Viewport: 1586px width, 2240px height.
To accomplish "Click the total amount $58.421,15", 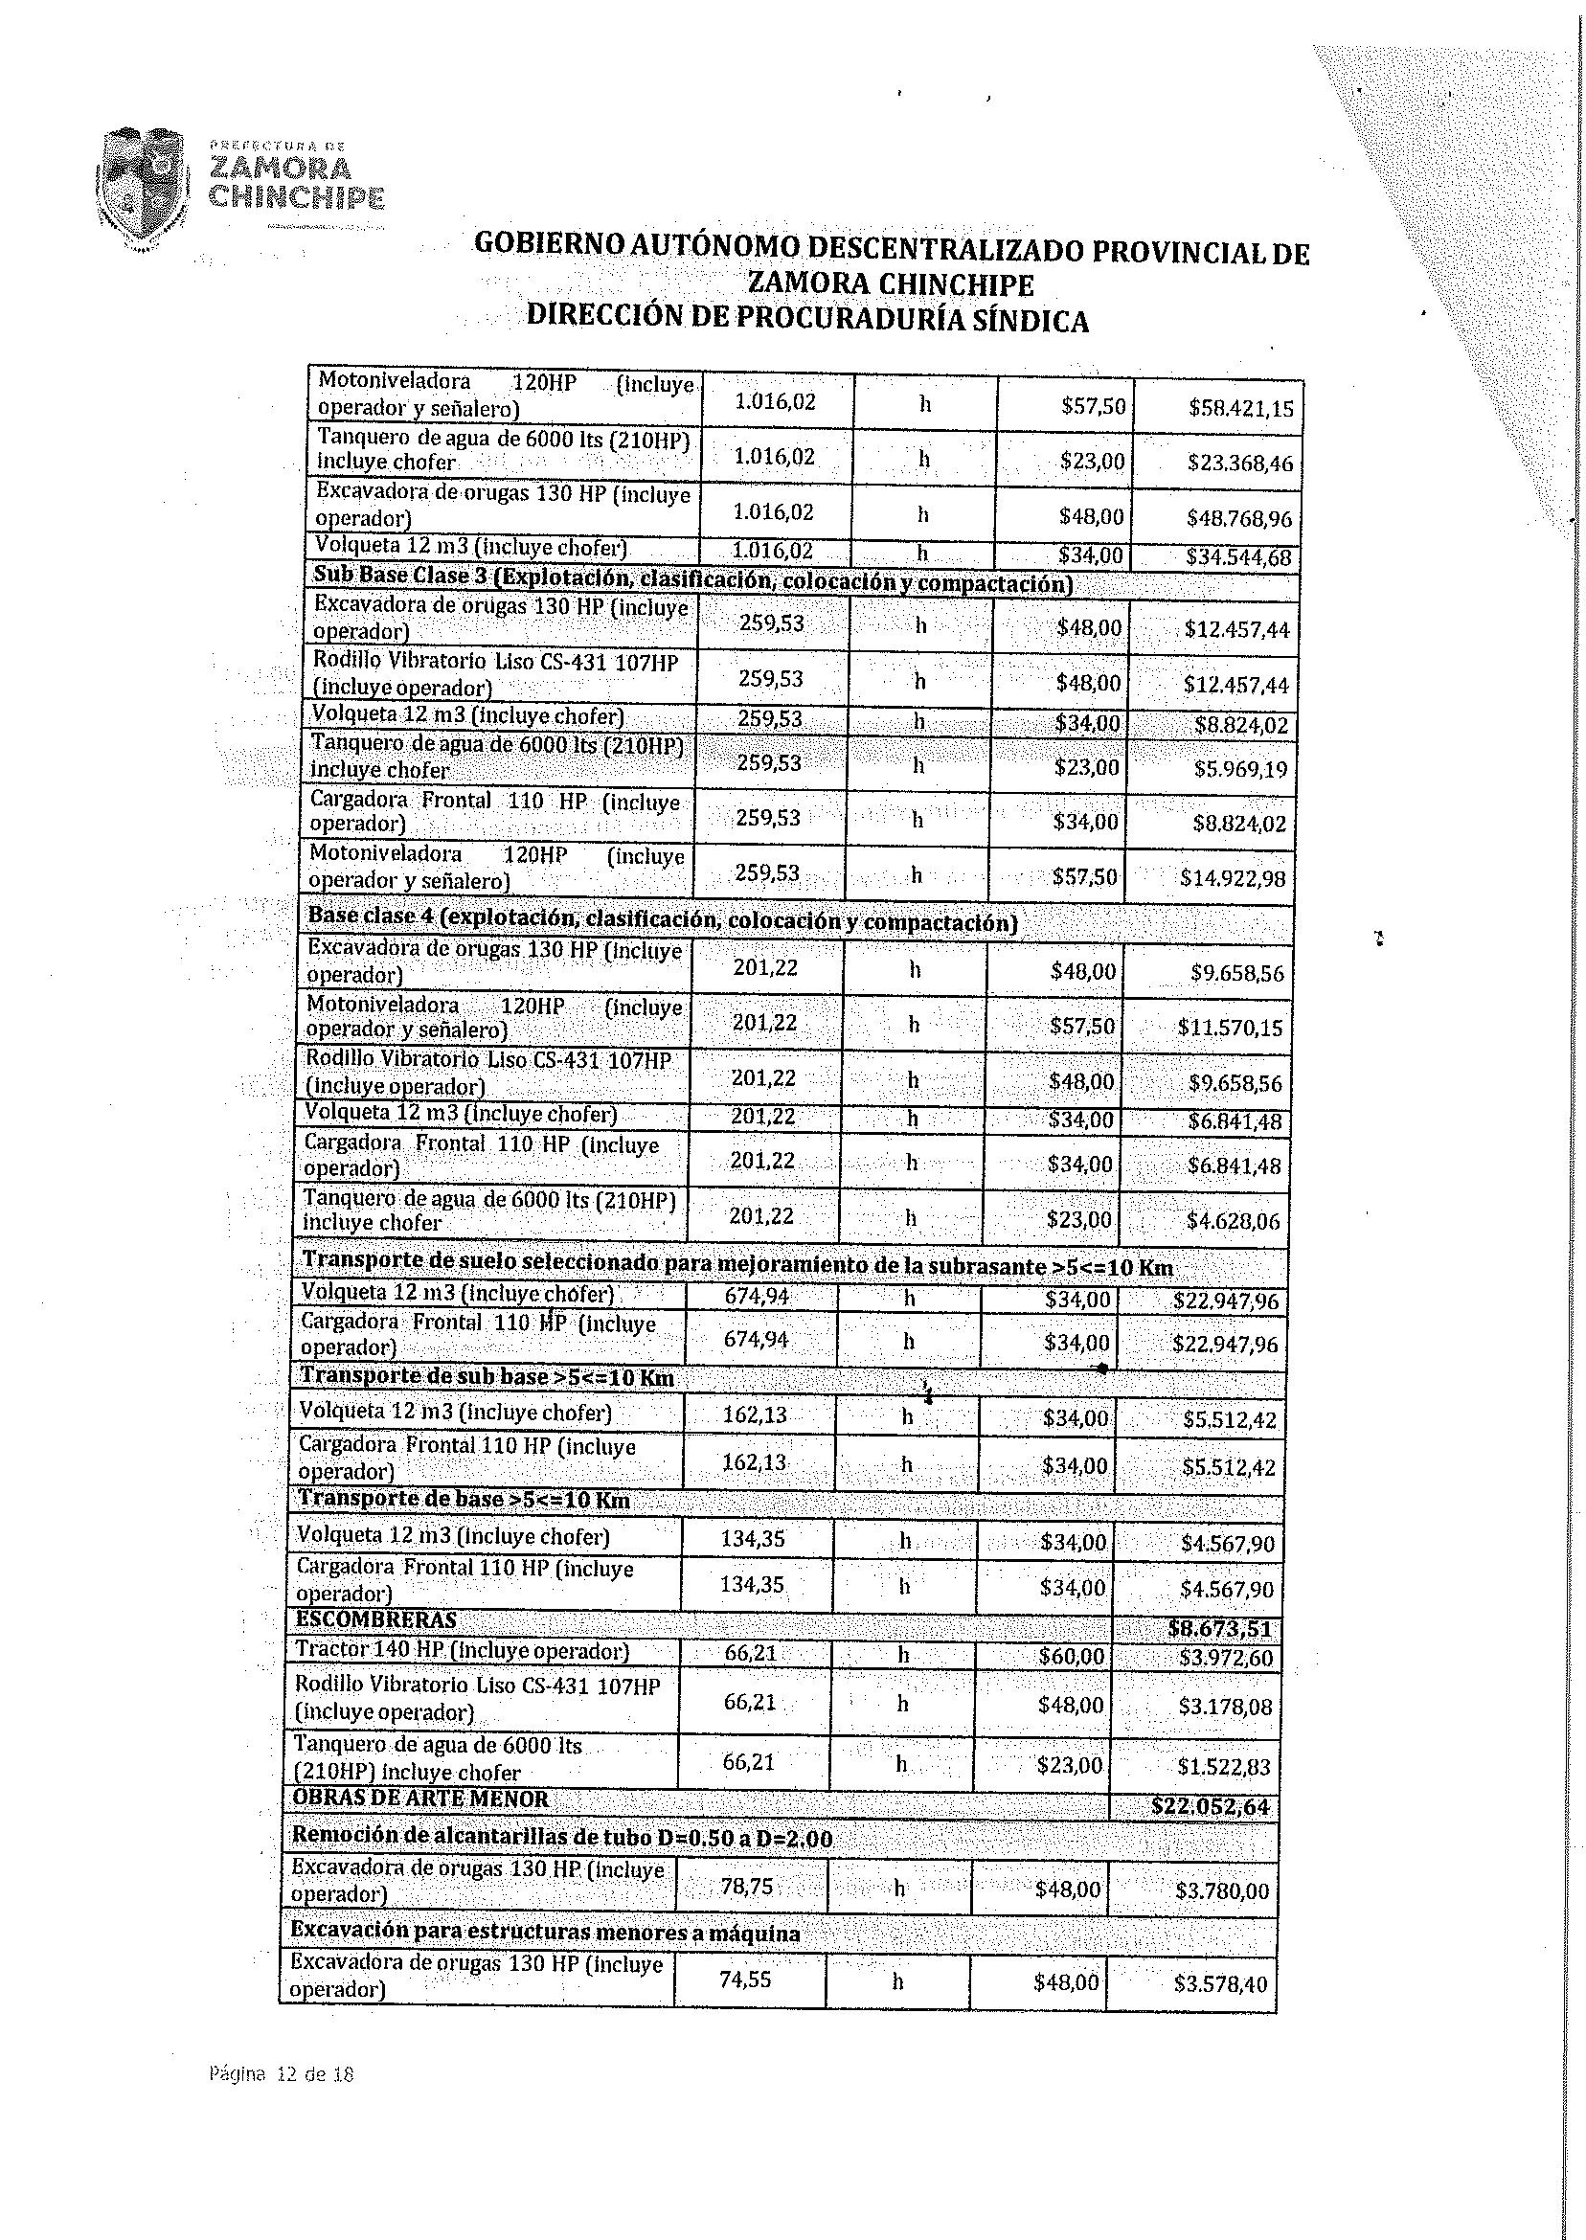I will coord(1240,408).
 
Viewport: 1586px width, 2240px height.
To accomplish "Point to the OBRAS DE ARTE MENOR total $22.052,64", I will coord(1211,1806).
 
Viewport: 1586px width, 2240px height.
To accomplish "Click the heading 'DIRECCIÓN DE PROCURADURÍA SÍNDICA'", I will coord(806,319).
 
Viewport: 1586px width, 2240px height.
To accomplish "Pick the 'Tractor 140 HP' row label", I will coord(462,1651).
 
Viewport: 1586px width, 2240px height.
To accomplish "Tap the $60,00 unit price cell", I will coord(1072,1656).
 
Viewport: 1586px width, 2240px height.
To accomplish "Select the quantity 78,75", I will coord(746,1887).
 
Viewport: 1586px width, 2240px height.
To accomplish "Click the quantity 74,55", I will coord(745,1979).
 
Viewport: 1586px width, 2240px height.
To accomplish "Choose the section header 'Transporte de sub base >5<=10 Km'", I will coord(487,1377).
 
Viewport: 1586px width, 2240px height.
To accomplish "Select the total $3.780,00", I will coord(1222,1891).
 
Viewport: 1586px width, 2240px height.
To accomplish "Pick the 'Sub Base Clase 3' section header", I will coord(692,580).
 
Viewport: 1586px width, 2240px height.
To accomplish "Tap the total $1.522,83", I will coord(1225,1766).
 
